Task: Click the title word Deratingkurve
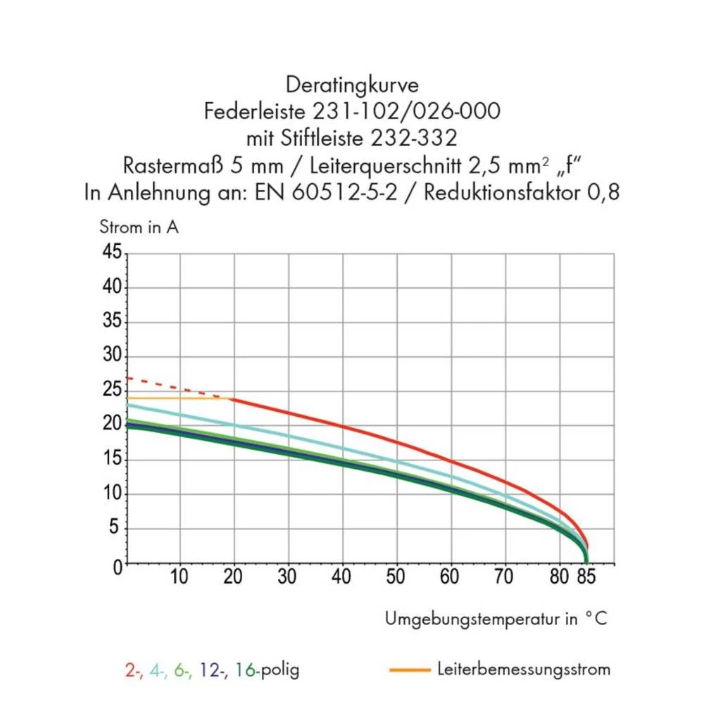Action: pos(352,85)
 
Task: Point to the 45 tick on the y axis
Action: pos(113,253)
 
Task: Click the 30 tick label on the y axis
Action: pos(113,356)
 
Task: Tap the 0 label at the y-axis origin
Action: pos(117,566)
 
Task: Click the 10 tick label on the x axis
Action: pos(180,578)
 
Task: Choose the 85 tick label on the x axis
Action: pos(586,578)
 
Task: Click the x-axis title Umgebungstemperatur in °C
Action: pos(495,619)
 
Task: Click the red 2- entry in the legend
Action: pos(133,670)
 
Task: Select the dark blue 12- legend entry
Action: pos(211,670)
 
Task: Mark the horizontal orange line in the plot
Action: pos(176,398)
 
